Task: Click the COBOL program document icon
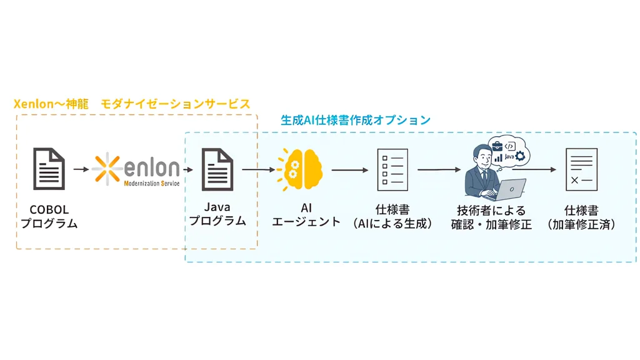[x=49, y=168]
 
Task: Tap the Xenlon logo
[x=136, y=168]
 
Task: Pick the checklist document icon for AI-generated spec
[x=392, y=169]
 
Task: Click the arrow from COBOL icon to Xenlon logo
[x=81, y=169]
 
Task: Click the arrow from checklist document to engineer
[x=437, y=169]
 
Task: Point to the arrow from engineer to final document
[x=540, y=169]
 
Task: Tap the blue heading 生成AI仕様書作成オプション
[x=355, y=120]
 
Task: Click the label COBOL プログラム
[x=49, y=216]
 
